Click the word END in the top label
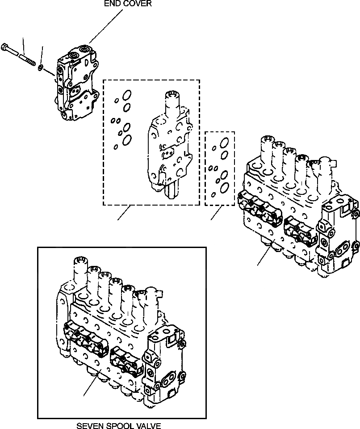pyautogui.click(x=112, y=4)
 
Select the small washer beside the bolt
pyautogui.click(x=41, y=67)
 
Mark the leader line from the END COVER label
pyautogui.click(x=107, y=26)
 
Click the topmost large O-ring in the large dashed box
pyautogui.click(x=127, y=96)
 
